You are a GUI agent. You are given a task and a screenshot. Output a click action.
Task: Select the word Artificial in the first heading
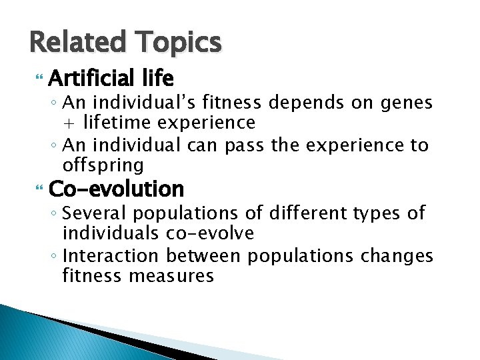click(91, 80)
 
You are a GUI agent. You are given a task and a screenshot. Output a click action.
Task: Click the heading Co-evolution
click(116, 189)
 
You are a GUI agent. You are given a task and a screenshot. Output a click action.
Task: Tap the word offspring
click(103, 165)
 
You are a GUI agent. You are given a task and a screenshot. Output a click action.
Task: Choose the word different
click(311, 213)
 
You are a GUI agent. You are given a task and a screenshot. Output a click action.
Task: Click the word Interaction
click(120, 255)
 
